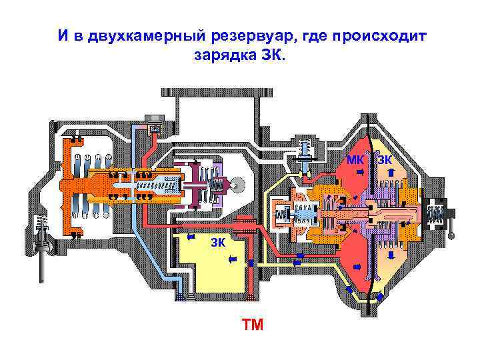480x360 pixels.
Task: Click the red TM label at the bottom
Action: click(253, 325)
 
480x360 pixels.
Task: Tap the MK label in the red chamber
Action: click(355, 159)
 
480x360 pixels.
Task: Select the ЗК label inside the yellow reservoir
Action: click(219, 241)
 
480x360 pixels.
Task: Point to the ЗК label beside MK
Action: click(385, 159)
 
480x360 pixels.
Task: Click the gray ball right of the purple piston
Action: click(237, 183)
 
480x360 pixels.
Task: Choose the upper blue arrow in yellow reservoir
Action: click(231, 261)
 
